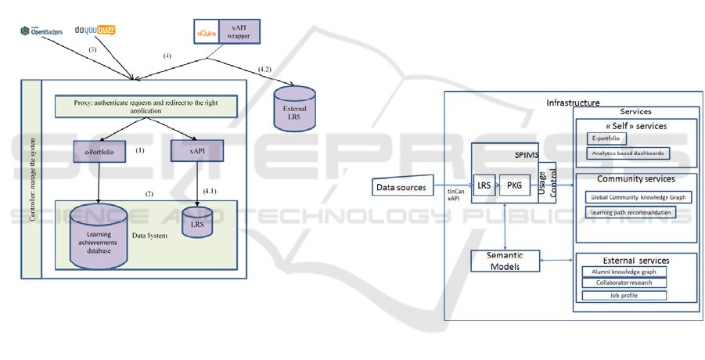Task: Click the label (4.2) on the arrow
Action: pos(264,70)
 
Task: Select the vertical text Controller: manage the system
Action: pos(31,179)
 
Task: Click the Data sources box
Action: pos(402,187)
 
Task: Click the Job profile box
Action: pos(624,295)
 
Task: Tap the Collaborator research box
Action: pos(624,283)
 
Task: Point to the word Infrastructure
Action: pos(573,103)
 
